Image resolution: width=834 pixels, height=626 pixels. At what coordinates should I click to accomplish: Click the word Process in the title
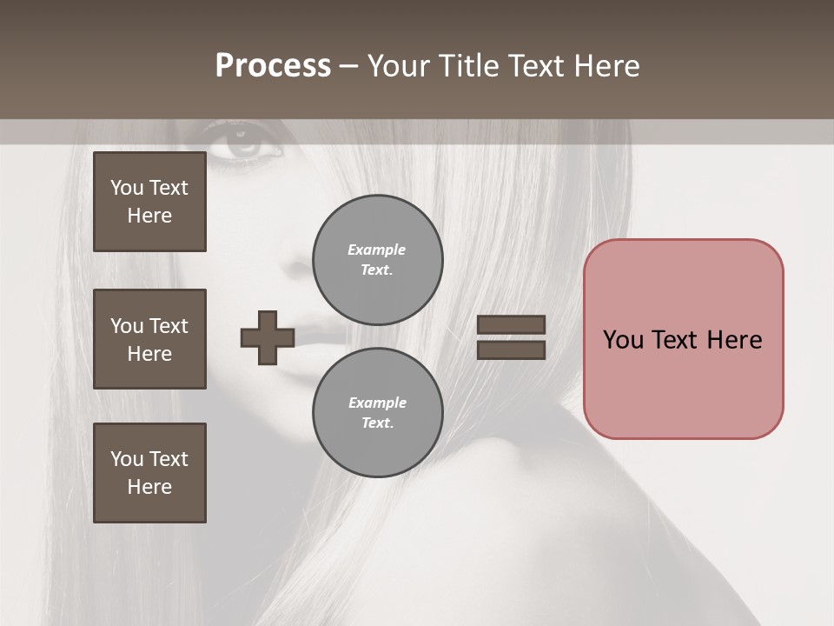coord(273,66)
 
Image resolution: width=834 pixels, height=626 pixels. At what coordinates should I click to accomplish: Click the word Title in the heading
coord(468,66)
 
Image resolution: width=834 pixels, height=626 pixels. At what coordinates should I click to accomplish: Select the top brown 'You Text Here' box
coord(149,202)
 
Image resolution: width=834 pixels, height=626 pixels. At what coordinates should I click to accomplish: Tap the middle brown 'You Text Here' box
coord(149,339)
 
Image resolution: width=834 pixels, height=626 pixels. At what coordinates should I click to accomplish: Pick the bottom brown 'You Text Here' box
coord(149,473)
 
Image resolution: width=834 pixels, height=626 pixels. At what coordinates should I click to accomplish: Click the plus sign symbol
coord(268,337)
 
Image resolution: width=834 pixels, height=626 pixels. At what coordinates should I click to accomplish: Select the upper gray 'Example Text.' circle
coord(377,260)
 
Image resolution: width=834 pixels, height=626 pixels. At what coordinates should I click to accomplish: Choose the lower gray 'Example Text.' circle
coord(377,413)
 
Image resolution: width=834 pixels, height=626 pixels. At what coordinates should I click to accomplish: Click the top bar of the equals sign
coord(511,325)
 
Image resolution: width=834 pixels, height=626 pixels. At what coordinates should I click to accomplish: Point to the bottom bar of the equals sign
coord(511,350)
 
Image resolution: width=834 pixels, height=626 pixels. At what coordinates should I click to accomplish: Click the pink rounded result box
coord(683,383)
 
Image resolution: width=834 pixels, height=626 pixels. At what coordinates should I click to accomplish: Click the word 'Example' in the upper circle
coord(377,250)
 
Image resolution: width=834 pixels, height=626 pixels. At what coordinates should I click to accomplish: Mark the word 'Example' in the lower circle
coord(377,403)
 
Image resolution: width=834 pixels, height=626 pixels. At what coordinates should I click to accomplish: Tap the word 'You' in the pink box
coord(623,340)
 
